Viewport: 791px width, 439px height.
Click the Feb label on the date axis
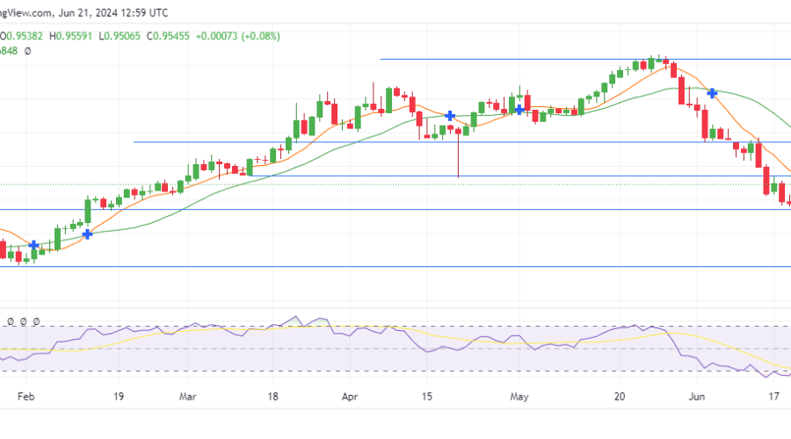[24, 397]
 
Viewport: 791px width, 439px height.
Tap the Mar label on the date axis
[187, 397]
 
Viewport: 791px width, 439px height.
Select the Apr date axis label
[351, 397]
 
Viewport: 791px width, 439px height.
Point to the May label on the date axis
[519, 397]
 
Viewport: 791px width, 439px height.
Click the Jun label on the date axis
[697, 397]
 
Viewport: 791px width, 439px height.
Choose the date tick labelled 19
[118, 397]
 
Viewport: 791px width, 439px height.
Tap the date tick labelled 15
[426, 397]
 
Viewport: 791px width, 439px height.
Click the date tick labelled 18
[273, 397]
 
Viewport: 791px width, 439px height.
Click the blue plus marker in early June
[713, 92]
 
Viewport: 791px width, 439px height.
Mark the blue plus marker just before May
[519, 110]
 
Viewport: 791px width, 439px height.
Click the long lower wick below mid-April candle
[458, 158]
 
